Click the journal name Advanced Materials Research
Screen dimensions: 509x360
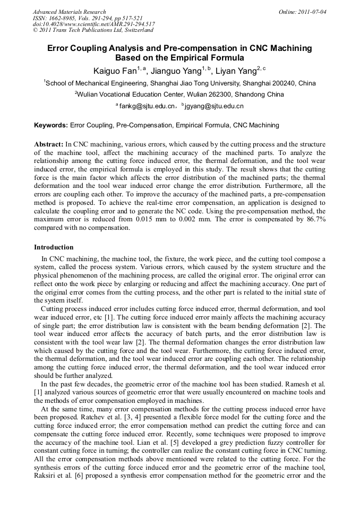70,12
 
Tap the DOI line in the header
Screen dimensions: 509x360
94,24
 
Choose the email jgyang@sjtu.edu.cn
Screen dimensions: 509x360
215,106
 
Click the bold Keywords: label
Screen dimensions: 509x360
51,125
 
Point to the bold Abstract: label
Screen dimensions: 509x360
49,144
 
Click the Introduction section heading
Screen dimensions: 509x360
54,247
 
